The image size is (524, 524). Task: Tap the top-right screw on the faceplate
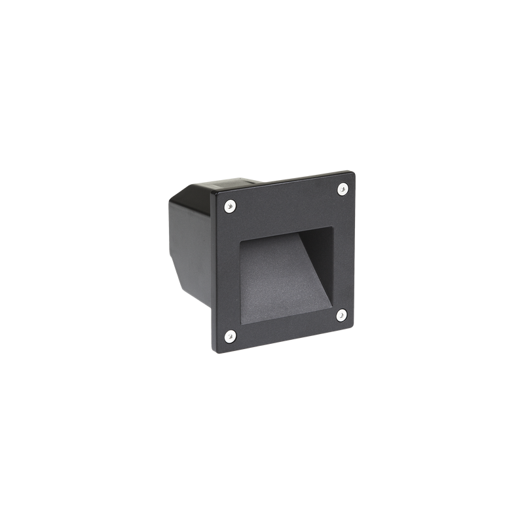click(342, 189)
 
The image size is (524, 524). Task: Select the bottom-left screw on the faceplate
click(229, 337)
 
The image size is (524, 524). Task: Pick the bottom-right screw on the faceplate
click(341, 315)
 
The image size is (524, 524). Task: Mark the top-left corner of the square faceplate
click(212, 191)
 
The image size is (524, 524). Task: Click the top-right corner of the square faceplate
click(356, 170)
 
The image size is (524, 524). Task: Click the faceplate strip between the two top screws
click(285, 197)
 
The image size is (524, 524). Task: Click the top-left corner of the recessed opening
click(240, 240)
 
